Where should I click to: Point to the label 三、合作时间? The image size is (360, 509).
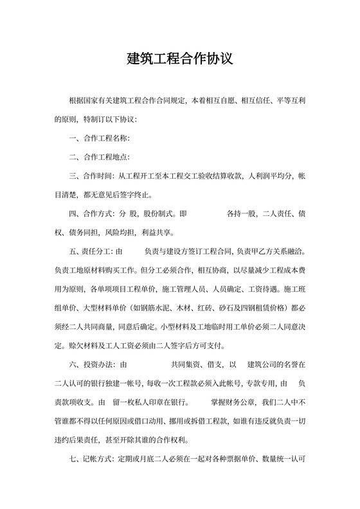(90, 175)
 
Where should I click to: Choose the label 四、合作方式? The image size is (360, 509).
(90, 213)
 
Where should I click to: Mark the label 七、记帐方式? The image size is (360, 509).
(90, 460)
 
